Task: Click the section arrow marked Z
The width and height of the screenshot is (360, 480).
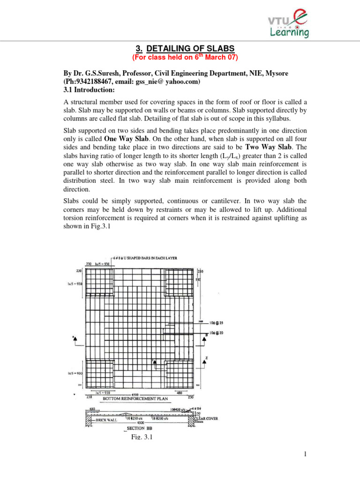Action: pos(205,359)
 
